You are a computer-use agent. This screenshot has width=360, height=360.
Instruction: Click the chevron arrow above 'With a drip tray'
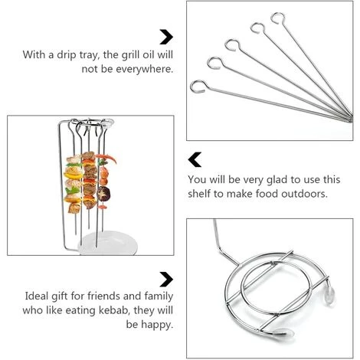(165, 37)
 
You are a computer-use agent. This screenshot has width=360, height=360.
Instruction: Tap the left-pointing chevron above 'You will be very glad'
(195, 159)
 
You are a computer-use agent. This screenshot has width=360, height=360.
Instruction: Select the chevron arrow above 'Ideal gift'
(165, 279)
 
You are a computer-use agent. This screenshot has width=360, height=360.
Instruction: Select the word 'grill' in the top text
(126, 54)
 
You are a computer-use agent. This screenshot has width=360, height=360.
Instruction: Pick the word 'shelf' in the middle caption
(203, 194)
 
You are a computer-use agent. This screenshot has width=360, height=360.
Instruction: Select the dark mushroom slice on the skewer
(90, 172)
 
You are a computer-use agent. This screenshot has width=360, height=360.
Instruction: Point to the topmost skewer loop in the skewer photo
(280, 17)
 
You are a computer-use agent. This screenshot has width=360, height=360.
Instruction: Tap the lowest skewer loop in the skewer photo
(199, 85)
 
